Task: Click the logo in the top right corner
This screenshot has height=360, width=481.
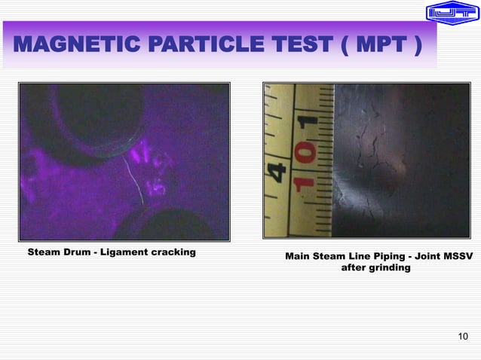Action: coord(452,12)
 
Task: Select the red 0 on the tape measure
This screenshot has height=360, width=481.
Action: coord(306,155)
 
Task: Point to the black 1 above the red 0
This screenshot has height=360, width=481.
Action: coord(306,124)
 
